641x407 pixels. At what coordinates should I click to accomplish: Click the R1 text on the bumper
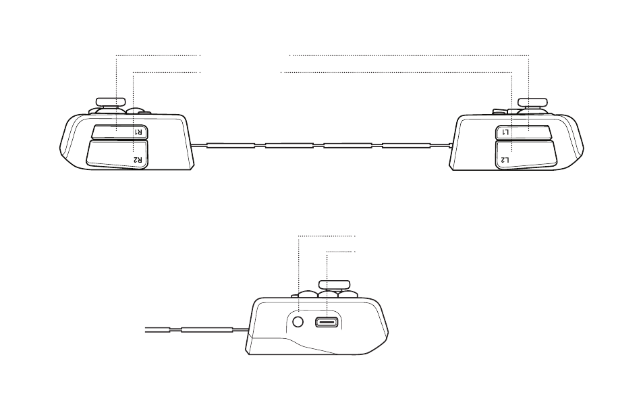137,132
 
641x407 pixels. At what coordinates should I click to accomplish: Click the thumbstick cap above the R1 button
110,102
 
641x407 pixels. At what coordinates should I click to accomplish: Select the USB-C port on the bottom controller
327,322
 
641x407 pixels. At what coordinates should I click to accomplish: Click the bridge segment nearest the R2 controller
230,145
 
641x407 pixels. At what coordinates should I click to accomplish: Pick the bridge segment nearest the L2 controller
406,145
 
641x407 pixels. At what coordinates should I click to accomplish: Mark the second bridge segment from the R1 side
289,145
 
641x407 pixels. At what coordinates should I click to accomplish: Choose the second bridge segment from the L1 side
347,145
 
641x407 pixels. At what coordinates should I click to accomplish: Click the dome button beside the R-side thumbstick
137,111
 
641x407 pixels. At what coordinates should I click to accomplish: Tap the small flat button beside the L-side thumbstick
500,110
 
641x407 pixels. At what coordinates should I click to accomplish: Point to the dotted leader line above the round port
298,270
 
